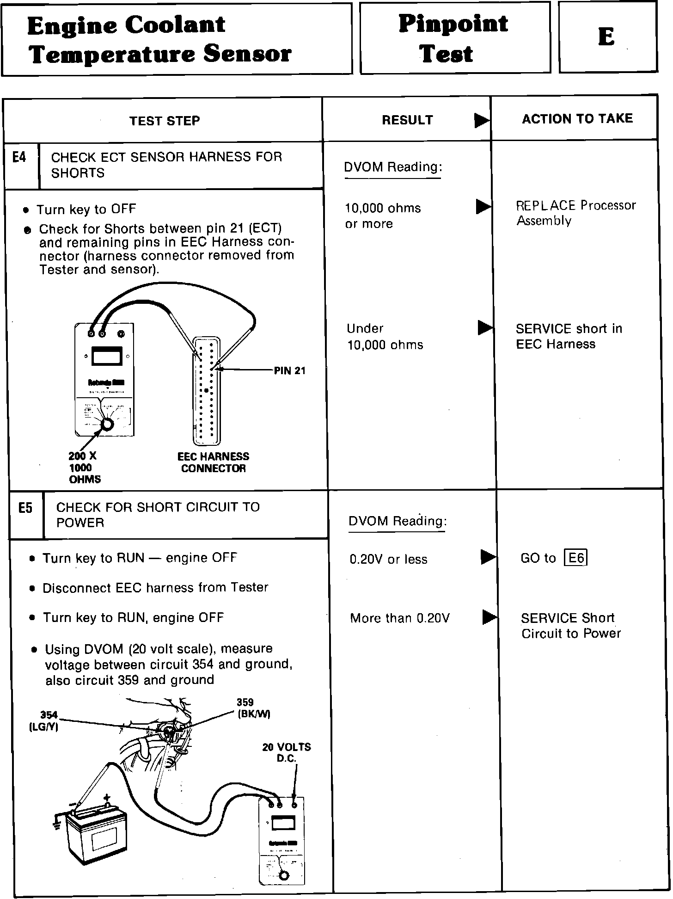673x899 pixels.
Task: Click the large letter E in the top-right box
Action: tap(606, 37)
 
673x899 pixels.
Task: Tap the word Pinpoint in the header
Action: tap(453, 24)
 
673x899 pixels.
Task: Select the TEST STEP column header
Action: tap(165, 121)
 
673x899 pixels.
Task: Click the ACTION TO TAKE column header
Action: tap(577, 119)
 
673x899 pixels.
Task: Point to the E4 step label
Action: tap(19, 158)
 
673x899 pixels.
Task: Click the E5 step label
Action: tap(25, 508)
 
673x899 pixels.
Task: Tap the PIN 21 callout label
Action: tap(289, 370)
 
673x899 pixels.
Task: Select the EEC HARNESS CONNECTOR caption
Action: tap(213, 462)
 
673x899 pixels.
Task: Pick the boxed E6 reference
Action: tap(575, 558)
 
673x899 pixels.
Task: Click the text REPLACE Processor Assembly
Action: tap(575, 213)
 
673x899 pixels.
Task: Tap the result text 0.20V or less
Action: tap(388, 560)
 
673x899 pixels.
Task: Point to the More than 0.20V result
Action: tap(399, 618)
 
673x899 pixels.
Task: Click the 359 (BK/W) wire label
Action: tap(253, 708)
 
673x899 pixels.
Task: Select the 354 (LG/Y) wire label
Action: tap(44, 720)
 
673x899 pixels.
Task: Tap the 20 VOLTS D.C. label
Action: tap(286, 752)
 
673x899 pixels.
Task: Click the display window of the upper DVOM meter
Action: tap(107, 356)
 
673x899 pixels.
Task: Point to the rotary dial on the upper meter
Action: tap(107, 424)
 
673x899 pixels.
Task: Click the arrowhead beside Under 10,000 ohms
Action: tap(485, 327)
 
